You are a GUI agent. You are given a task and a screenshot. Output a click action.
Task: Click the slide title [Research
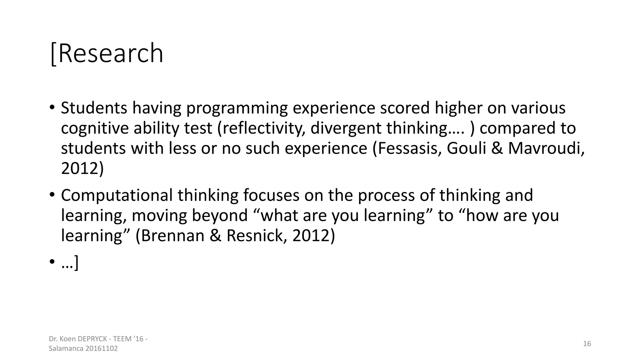(x=107, y=53)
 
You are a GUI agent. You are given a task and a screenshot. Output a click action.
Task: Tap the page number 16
(x=587, y=344)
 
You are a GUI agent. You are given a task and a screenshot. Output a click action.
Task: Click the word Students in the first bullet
(x=94, y=108)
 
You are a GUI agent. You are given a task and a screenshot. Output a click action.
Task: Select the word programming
(x=237, y=108)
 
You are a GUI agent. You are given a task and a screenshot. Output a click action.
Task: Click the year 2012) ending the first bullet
(x=82, y=168)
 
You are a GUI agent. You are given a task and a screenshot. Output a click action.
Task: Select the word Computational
(x=117, y=195)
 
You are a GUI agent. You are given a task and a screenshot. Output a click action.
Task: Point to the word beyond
(x=219, y=216)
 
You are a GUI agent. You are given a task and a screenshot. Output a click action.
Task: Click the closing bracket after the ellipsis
(x=76, y=263)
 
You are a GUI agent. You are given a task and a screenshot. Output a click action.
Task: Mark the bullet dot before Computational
(x=52, y=195)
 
